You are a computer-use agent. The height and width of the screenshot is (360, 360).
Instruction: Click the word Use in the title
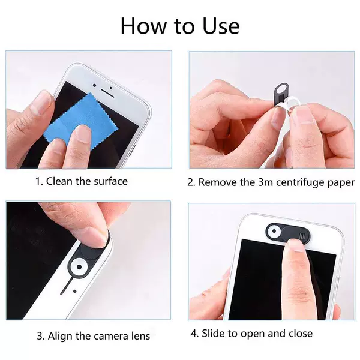coord(221,26)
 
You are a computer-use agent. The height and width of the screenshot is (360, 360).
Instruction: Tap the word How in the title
coord(143,26)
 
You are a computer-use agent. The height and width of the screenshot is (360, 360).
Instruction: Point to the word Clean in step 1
coord(59,181)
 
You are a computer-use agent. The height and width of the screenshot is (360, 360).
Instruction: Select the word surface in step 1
coord(110,181)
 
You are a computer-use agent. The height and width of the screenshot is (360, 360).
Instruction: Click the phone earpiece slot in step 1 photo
coord(107,93)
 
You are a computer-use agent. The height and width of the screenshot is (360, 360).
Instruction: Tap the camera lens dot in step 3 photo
coord(79,267)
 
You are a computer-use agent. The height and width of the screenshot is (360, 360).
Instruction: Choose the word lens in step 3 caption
coord(141,336)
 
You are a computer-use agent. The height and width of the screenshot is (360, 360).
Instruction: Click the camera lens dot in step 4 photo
coord(274,231)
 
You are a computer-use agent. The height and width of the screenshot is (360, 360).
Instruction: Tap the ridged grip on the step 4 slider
coord(302,235)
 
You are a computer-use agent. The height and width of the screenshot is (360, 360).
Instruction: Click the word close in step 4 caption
coord(301,334)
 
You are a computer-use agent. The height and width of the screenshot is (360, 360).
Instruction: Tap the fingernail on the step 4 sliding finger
coord(296,245)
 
